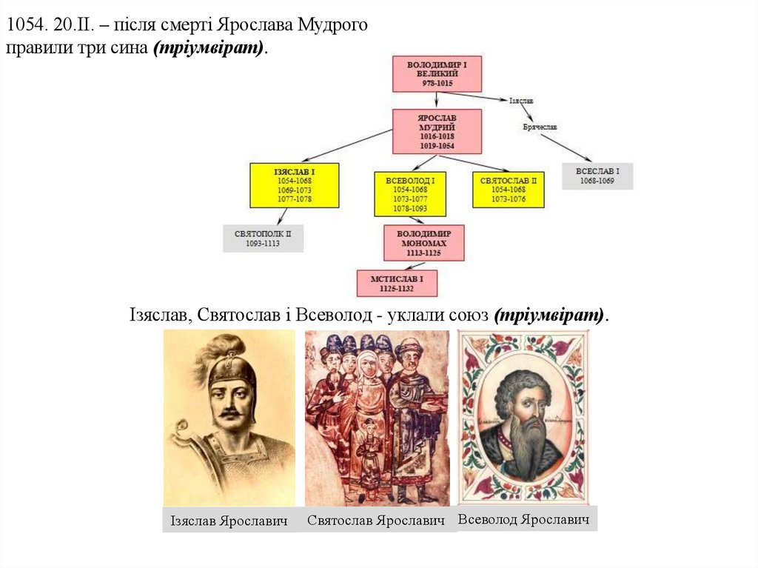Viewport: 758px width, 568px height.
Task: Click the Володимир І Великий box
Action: pos(437,74)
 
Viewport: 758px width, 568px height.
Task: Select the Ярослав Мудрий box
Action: pos(437,131)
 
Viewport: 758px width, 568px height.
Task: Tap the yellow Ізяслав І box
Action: pos(295,185)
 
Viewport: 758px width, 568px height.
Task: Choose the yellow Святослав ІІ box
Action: pos(508,190)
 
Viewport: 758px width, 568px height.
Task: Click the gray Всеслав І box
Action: pos(597,176)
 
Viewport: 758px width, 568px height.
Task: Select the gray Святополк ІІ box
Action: pos(263,238)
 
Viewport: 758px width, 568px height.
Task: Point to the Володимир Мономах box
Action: pos(424,243)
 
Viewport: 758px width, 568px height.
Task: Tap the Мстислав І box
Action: pos(398,283)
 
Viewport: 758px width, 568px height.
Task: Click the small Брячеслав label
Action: pos(540,127)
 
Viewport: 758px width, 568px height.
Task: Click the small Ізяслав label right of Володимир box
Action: pos(521,100)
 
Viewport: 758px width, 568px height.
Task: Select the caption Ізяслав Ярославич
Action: pos(229,521)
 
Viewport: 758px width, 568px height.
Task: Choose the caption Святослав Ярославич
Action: pos(376,520)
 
